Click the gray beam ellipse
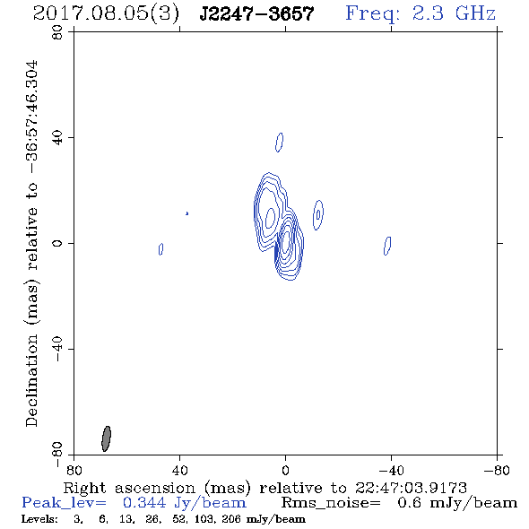pyautogui.click(x=107, y=438)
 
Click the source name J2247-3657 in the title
pyautogui.click(x=256, y=14)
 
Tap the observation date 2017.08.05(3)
pyautogui.click(x=106, y=14)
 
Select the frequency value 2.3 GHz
pyautogui.click(x=454, y=13)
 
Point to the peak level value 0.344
pyautogui.click(x=144, y=503)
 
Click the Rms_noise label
pyautogui.click(x=331, y=503)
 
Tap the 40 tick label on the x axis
pyautogui.click(x=179, y=470)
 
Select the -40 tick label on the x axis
pyautogui.click(x=391, y=470)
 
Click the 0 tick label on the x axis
pyautogui.click(x=285, y=470)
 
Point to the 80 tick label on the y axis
pyautogui.click(x=57, y=32)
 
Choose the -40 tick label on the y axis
pyautogui.click(x=57, y=349)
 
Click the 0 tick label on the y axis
pyautogui.click(x=57, y=243)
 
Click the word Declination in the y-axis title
pyautogui.click(x=31, y=381)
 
